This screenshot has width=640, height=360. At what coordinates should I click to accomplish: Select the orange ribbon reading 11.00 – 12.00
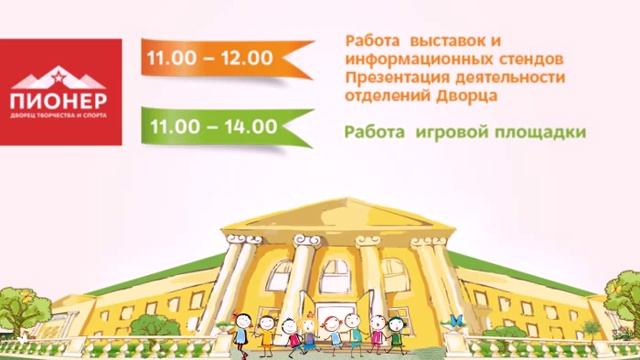coord(210,57)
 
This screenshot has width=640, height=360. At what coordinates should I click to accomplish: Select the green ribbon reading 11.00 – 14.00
coord(210,128)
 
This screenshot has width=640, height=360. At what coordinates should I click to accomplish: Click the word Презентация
coord(390,78)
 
